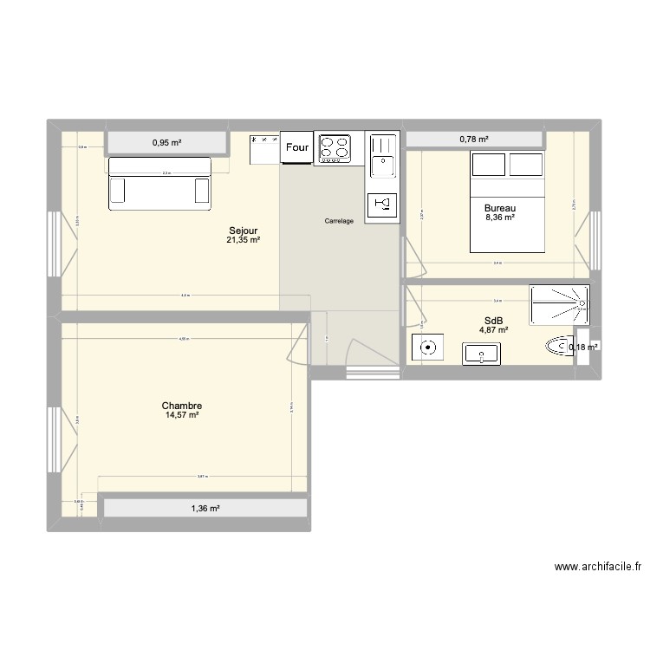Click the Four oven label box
[x=297, y=148]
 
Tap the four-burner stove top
[x=335, y=148]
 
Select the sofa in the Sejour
[x=160, y=183]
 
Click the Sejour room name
[x=243, y=231]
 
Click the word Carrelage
[x=339, y=221]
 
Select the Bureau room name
[x=500, y=208]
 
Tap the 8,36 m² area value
[x=500, y=218]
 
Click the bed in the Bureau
[x=507, y=201]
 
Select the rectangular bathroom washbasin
[x=481, y=353]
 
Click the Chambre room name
[x=182, y=406]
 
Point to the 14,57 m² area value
[x=182, y=416]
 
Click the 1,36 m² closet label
[x=205, y=509]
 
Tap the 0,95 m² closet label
[x=167, y=142]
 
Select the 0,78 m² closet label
[x=474, y=139]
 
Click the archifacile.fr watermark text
[x=598, y=568]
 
